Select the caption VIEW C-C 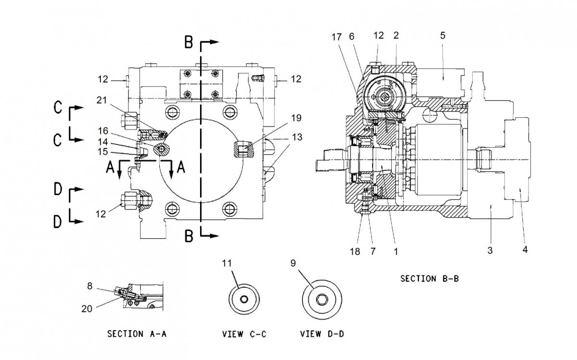coord(244,334)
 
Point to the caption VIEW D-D coord(320,334)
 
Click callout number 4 coord(525,250)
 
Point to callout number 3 coord(489,250)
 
